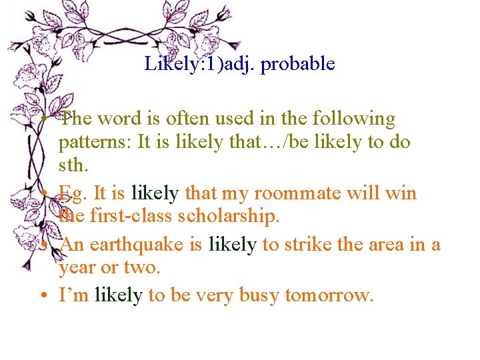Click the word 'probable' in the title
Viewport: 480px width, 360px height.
click(x=298, y=64)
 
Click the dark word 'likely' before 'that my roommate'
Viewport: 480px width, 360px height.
click(x=155, y=193)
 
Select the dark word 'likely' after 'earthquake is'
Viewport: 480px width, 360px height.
click(x=232, y=245)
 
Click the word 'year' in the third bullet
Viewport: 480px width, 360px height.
click(x=78, y=269)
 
